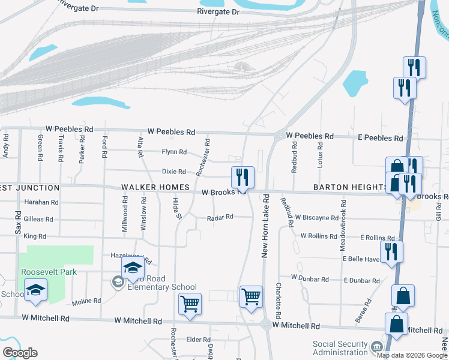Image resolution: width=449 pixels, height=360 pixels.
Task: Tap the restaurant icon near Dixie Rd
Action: point(243,178)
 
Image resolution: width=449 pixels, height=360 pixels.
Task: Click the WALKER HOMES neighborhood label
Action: point(155,188)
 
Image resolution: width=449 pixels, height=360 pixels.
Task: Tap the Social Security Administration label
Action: point(340,348)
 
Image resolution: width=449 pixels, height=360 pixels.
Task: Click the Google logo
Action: point(20,353)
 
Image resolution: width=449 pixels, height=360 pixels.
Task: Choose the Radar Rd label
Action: point(220,217)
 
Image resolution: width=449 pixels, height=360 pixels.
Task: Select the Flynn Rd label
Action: point(174,152)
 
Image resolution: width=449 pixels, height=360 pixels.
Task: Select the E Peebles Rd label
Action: point(381,138)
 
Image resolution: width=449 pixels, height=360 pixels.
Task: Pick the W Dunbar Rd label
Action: point(310,278)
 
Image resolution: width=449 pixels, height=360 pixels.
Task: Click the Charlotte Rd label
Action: point(279,301)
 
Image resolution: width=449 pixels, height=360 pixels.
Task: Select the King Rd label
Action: point(35,237)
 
